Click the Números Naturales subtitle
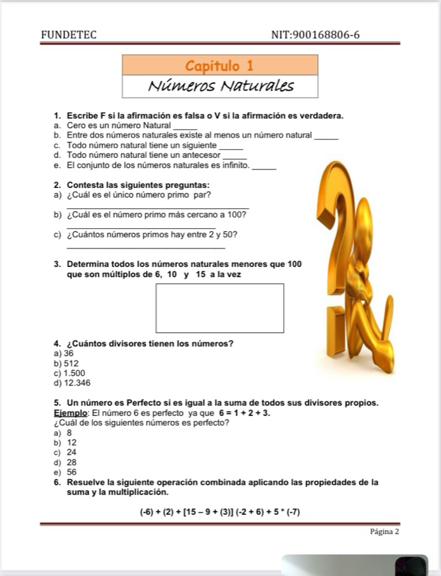click(x=220, y=86)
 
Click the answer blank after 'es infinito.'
click(x=265, y=168)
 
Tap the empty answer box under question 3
click(x=220, y=308)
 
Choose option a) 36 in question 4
click(x=65, y=353)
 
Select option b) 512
click(x=67, y=363)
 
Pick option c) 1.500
click(x=70, y=373)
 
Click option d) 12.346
click(x=73, y=383)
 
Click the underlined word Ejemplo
click(x=71, y=413)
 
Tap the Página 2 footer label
click(x=384, y=531)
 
